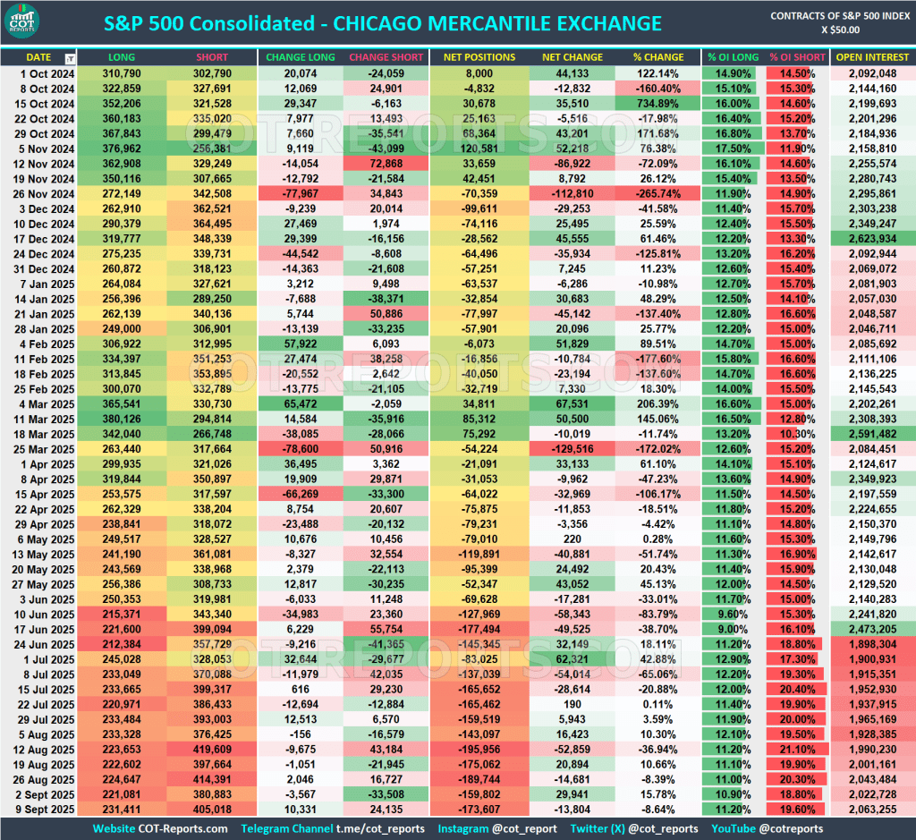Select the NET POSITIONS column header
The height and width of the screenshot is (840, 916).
(479, 57)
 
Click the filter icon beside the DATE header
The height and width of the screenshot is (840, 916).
(70, 58)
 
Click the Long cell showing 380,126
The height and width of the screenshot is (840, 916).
(122, 418)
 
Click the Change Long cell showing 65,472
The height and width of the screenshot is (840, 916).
(299, 403)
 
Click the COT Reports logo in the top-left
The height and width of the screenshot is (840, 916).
(32, 23)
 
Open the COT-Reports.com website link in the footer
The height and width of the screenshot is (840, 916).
(184, 828)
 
